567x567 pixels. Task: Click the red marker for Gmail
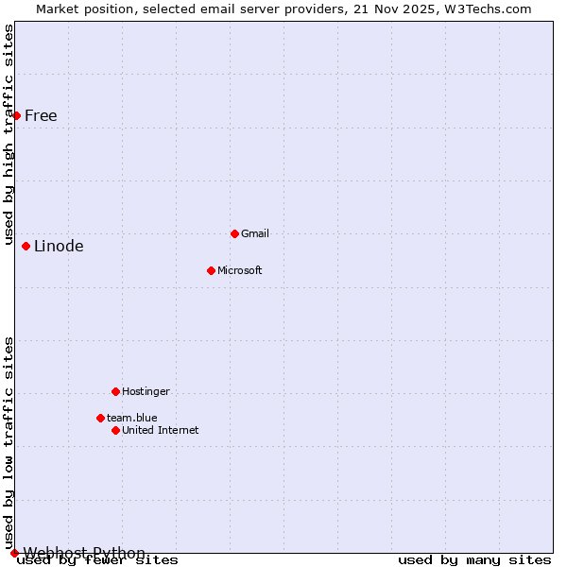[x=234, y=233]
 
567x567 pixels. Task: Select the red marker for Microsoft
[x=211, y=270]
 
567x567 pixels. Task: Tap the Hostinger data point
[x=115, y=391]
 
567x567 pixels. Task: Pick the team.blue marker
[x=100, y=418]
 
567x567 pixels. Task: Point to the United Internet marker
[x=115, y=430]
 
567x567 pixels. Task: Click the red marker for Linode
[x=26, y=246]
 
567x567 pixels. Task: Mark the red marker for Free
[x=16, y=115]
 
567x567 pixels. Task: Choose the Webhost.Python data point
[x=14, y=553]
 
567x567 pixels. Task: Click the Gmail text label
[x=255, y=233]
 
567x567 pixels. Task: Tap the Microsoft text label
[x=240, y=270]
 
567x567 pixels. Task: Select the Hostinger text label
[x=146, y=391]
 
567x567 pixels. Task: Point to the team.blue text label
[x=132, y=418]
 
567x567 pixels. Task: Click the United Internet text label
[x=161, y=430]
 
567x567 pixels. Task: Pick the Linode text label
[x=59, y=247]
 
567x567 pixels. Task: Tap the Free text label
[x=41, y=116]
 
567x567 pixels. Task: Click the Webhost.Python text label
[x=85, y=553]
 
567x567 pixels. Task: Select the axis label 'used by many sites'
[x=474, y=559]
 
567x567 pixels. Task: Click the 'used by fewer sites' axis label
[x=98, y=560]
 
